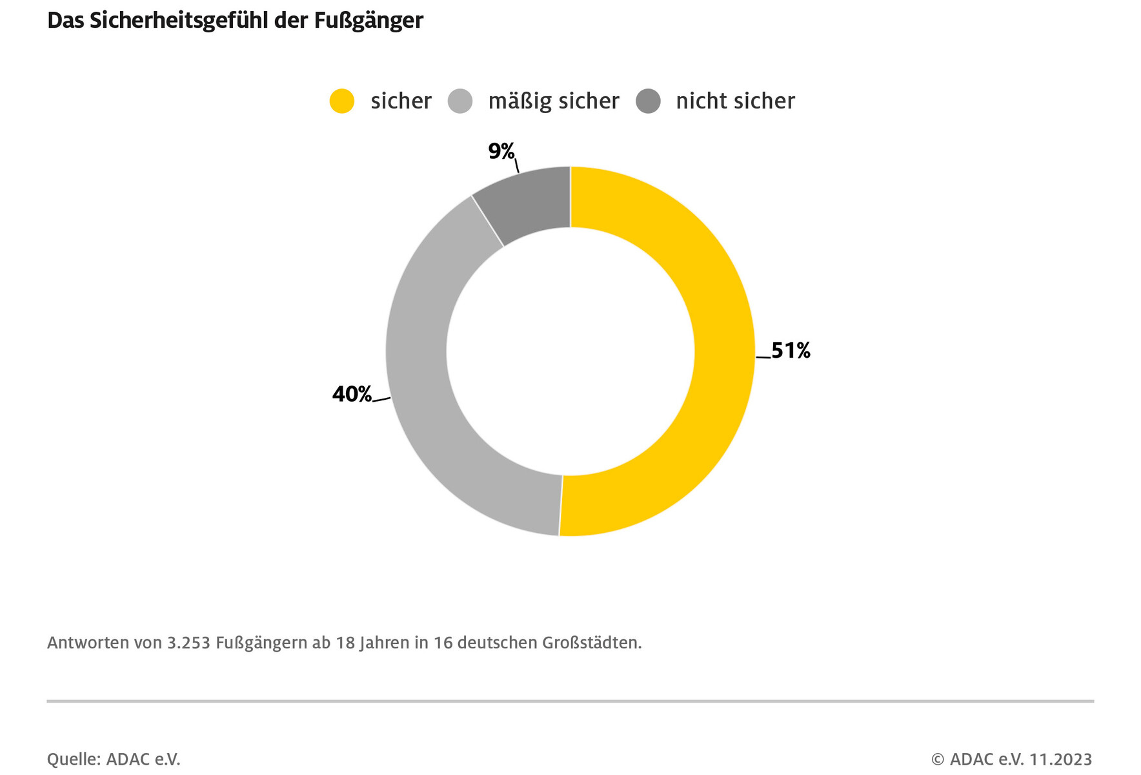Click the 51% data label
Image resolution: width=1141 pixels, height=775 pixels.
791,350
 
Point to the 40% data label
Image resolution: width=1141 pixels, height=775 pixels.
352,393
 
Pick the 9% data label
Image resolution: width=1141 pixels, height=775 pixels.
501,151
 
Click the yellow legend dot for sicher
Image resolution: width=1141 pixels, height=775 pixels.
342,101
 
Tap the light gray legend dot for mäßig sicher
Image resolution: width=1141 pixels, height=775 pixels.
460,101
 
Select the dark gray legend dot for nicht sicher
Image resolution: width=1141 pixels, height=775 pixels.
648,101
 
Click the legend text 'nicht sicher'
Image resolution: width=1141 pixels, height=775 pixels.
735,101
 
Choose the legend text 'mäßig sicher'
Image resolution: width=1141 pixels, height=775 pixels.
554,101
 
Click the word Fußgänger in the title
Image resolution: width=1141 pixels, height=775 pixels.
369,21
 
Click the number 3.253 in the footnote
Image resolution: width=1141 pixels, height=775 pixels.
188,643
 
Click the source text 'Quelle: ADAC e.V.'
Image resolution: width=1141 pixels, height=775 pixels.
114,759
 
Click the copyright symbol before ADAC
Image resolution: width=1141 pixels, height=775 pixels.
938,759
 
